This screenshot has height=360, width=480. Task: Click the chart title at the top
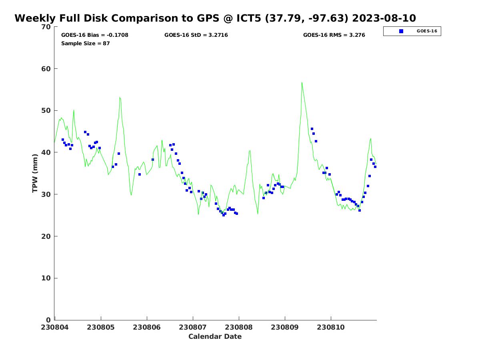[x=215, y=18]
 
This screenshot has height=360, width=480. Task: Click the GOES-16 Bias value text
[x=95, y=35]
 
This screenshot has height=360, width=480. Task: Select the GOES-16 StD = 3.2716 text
[x=196, y=35]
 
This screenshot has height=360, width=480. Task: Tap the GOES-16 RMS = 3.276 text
[x=334, y=35]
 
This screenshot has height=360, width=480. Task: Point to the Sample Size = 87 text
[x=86, y=44]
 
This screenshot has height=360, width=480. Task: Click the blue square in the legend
[x=401, y=31]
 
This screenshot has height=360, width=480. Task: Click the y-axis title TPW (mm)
[x=35, y=173]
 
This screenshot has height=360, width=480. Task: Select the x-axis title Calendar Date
[x=215, y=337]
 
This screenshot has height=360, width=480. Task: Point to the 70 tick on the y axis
[x=46, y=27]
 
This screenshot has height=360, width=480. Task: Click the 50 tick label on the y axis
[x=46, y=111]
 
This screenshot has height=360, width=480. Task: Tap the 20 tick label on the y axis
[x=46, y=236]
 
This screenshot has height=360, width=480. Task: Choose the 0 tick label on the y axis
[x=48, y=320]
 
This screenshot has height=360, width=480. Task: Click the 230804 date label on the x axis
[x=55, y=327]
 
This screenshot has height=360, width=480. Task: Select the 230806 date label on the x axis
[x=147, y=327]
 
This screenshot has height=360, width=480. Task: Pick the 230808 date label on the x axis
[x=239, y=327]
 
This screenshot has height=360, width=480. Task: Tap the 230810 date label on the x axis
[x=331, y=327]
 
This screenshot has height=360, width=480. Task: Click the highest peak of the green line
[x=302, y=83]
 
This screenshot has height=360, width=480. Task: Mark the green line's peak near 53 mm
[x=120, y=97]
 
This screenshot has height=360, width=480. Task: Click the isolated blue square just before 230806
[x=140, y=174]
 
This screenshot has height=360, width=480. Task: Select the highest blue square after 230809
[x=312, y=129]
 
